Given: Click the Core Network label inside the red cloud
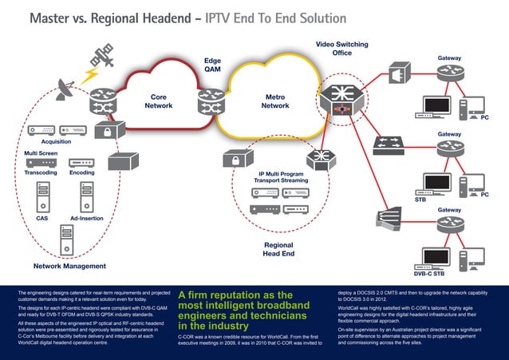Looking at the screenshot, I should point(158,101).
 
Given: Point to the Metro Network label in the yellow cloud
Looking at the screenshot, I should point(274,101).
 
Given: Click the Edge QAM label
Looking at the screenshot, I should point(212,65).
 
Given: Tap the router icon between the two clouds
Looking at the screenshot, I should point(212,100).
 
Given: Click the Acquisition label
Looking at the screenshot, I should point(46,141).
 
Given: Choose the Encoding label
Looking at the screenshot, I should point(82,172).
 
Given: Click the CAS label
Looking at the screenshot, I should point(41,218).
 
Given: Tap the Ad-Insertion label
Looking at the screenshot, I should point(85,218).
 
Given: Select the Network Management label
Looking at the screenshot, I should point(69,266).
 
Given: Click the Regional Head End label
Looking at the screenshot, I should point(278,249).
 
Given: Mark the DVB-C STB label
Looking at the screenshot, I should point(428,274).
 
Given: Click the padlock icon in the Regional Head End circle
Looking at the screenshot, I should point(237,160).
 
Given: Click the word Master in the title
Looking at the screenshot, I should point(54,18).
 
